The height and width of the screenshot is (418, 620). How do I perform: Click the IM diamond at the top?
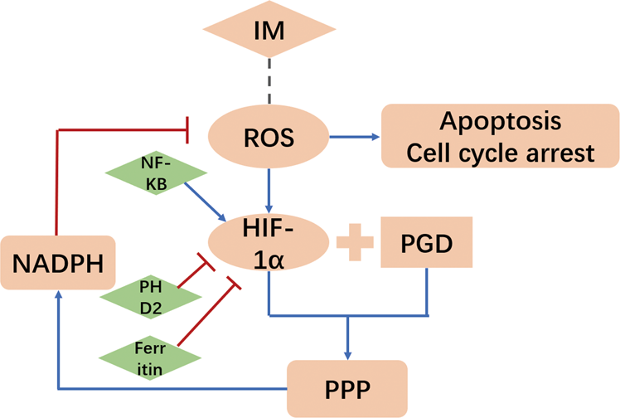(x=270, y=34)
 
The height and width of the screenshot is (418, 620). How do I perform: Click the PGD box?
(x=426, y=242)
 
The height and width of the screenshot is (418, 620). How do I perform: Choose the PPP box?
(x=347, y=387)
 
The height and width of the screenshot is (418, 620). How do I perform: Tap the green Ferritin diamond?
(x=149, y=357)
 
